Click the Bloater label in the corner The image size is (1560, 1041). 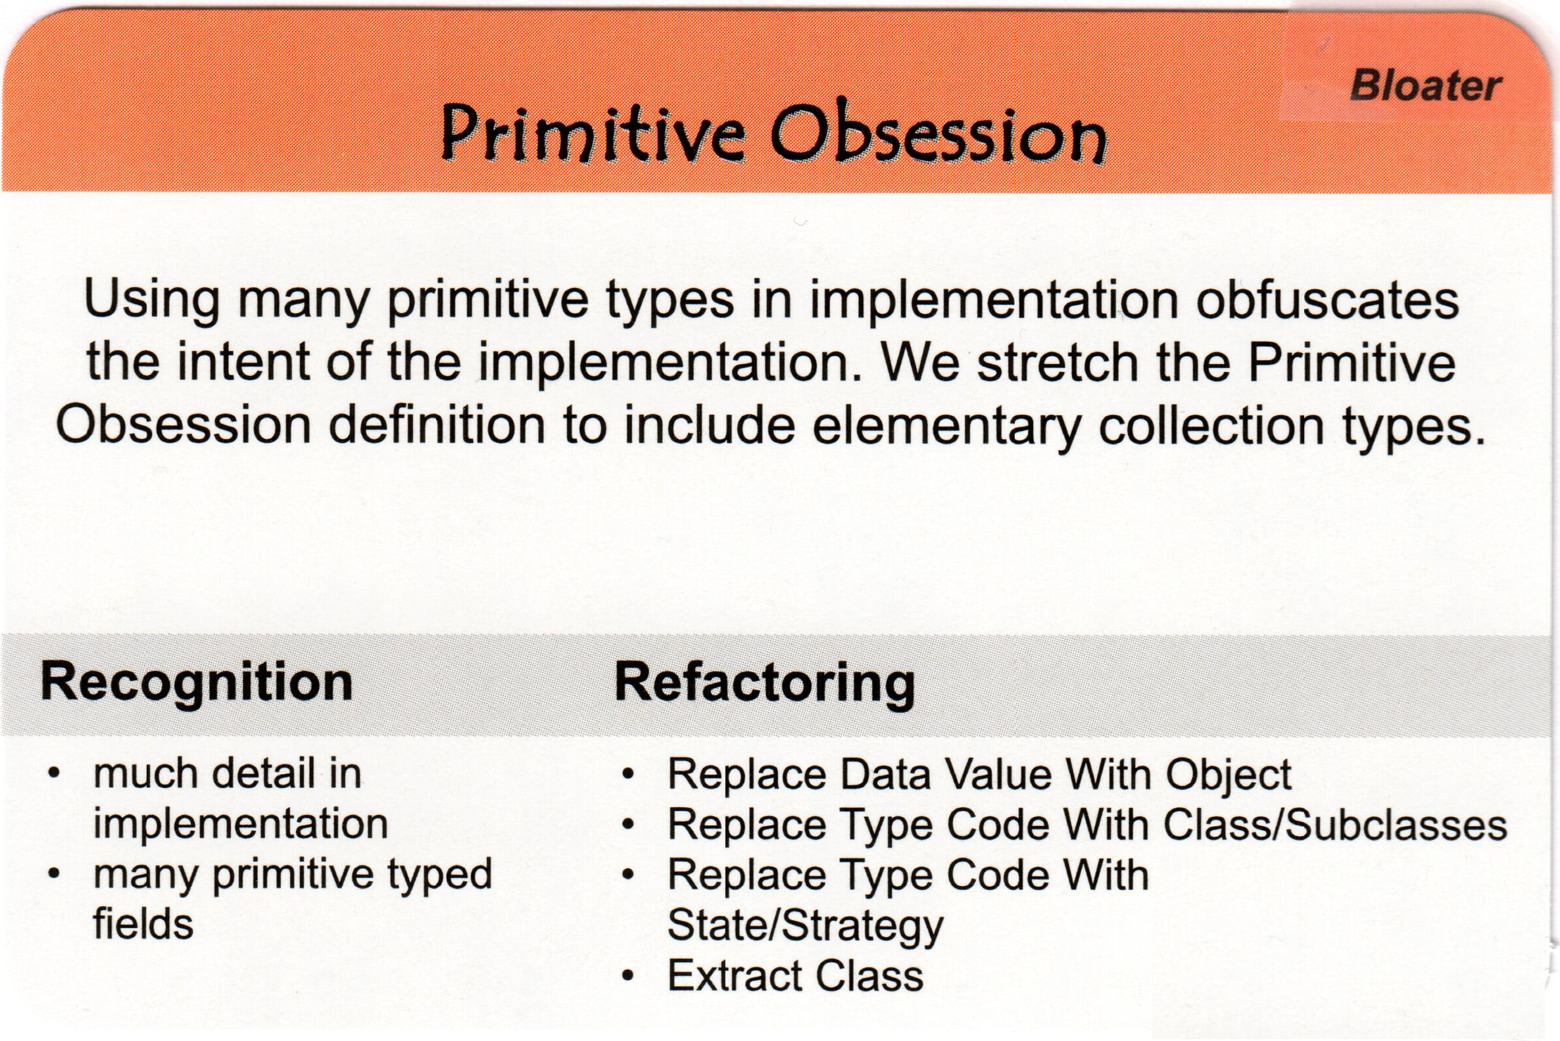[x=1425, y=86]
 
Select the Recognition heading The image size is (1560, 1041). [x=196, y=682]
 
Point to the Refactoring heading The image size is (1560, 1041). [x=765, y=682]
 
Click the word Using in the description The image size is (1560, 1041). [x=151, y=300]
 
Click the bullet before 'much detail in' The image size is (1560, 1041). [x=55, y=774]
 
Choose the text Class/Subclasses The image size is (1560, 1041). [x=1335, y=825]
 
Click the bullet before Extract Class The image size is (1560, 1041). [x=628, y=976]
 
